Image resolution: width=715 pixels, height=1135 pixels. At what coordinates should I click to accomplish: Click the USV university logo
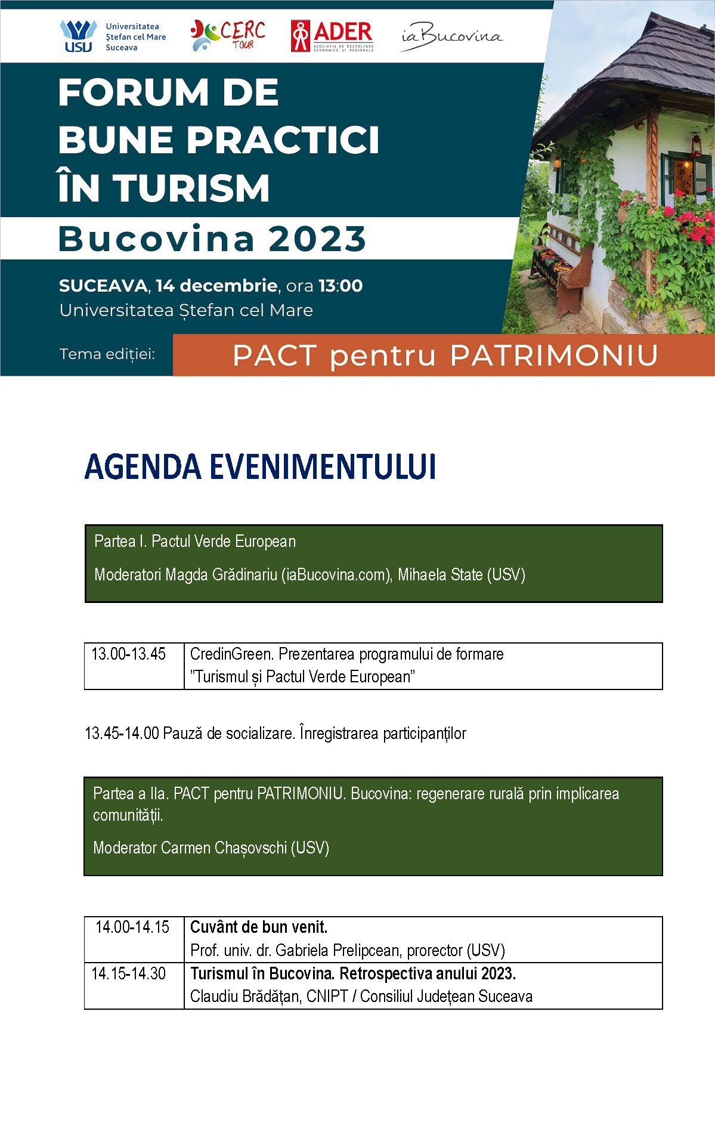[78, 36]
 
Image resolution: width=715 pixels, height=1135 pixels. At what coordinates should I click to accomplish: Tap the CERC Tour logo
[228, 35]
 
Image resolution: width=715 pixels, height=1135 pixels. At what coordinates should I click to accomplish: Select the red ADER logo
[332, 36]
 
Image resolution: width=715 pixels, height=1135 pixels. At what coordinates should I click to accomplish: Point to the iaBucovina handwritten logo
[451, 36]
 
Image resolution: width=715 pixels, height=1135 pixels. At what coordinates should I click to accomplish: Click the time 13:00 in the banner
[341, 286]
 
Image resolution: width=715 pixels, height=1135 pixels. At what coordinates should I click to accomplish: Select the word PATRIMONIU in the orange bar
[554, 355]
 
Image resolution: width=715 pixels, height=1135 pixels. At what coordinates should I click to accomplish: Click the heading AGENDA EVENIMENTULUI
[260, 467]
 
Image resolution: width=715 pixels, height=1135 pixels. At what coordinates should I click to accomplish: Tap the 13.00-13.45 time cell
[128, 654]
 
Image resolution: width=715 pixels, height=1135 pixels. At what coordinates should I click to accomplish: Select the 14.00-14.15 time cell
[132, 927]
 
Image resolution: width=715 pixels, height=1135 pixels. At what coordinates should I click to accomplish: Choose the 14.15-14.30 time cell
[128, 973]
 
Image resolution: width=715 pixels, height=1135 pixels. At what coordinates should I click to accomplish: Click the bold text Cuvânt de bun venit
[259, 927]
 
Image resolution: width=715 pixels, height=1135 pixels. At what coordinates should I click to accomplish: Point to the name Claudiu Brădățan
[245, 996]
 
